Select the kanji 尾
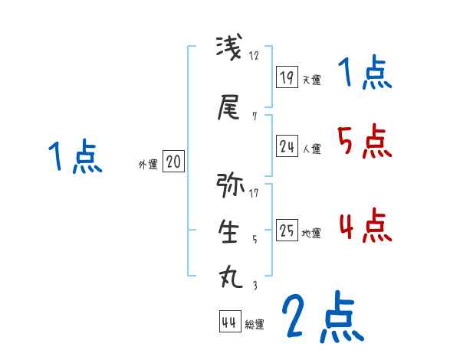point(229,109)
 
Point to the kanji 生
point(229,233)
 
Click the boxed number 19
point(287,77)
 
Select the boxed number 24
point(287,146)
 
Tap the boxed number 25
point(287,230)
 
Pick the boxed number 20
point(173,162)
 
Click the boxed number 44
point(229,321)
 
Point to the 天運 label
point(311,80)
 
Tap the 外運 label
point(147,165)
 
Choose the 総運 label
point(255,324)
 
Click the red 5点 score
point(363,141)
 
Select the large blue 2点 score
point(322,317)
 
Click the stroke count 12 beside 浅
point(255,55)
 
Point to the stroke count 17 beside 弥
point(254,192)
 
